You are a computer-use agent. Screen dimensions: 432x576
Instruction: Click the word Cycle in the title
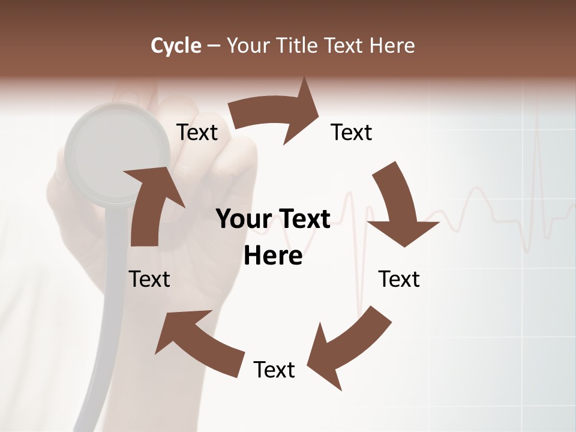click(176, 46)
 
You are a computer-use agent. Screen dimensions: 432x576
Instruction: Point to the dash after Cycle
click(214, 46)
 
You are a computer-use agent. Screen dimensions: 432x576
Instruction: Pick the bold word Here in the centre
click(273, 256)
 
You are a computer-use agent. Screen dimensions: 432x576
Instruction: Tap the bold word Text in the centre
click(304, 220)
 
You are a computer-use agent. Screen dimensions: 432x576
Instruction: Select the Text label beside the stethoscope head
click(197, 132)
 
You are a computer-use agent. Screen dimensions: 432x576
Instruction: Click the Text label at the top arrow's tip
click(352, 132)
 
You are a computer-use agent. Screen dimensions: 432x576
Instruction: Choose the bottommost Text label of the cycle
click(274, 370)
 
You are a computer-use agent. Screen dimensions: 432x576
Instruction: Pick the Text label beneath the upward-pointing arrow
click(150, 279)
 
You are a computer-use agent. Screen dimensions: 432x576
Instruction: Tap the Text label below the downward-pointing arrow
click(400, 279)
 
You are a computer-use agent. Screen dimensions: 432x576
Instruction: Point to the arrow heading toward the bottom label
click(348, 342)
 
